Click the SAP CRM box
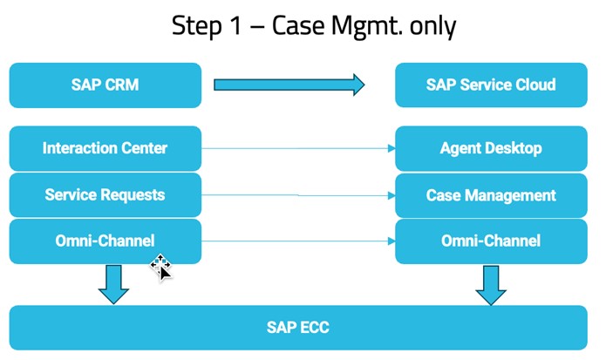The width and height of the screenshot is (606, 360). (105, 85)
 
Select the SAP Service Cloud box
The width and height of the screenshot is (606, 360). (490, 85)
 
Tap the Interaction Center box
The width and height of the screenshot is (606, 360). (105, 148)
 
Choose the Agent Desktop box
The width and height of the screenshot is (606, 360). (490, 148)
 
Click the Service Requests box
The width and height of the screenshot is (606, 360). (105, 194)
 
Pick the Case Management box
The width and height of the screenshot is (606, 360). (490, 195)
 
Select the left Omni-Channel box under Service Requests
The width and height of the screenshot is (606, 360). (105, 241)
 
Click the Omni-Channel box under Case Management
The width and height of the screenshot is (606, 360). (490, 241)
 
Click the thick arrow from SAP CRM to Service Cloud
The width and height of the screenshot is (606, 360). (289, 85)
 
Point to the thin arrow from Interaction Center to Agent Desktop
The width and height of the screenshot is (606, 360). (297, 148)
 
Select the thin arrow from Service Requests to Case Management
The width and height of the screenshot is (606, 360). (297, 195)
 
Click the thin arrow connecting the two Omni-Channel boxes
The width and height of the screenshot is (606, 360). (297, 241)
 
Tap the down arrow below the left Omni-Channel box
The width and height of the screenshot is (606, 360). (113, 284)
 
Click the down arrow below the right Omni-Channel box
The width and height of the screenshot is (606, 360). (491, 284)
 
